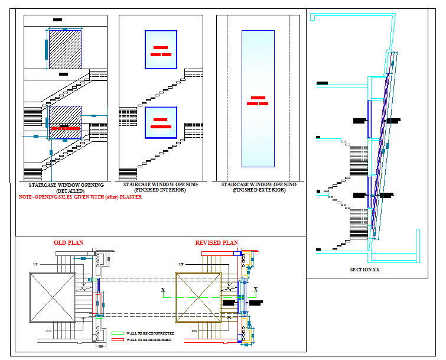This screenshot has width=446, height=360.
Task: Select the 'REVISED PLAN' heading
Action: pyautogui.click(x=216, y=243)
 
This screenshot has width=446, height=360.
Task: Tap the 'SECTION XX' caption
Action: pyautogui.click(x=364, y=270)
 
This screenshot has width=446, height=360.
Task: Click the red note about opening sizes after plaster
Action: pyautogui.click(x=80, y=197)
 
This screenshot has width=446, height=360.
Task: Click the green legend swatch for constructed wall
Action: pyautogui.click(x=117, y=333)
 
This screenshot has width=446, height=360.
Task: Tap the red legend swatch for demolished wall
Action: pyautogui.click(x=117, y=340)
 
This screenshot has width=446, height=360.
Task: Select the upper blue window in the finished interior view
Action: pyautogui.click(x=161, y=50)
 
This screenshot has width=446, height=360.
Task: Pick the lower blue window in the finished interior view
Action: pyautogui.click(x=161, y=122)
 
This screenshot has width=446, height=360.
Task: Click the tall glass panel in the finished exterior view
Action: pyautogui.click(x=258, y=99)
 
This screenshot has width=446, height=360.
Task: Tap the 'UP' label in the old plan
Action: pyautogui.click(x=35, y=264)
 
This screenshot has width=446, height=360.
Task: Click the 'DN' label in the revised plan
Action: pyautogui.click(x=194, y=331)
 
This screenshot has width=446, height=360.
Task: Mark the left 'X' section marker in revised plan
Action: pyautogui.click(x=163, y=290)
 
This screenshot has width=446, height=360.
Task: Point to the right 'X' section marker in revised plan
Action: pyautogui.click(x=256, y=290)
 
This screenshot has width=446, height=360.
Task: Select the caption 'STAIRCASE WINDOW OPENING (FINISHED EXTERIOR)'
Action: pyautogui.click(x=259, y=187)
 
